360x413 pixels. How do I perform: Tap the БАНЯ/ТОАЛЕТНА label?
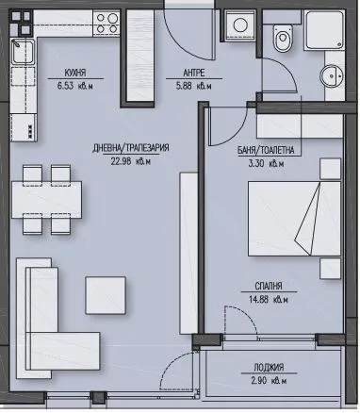click(271, 149)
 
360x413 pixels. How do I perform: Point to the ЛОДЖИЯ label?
click(274, 368)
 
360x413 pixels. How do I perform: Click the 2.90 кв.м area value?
click(274, 381)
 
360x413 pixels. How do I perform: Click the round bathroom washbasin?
click(331, 78)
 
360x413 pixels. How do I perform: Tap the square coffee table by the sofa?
click(106, 294)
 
